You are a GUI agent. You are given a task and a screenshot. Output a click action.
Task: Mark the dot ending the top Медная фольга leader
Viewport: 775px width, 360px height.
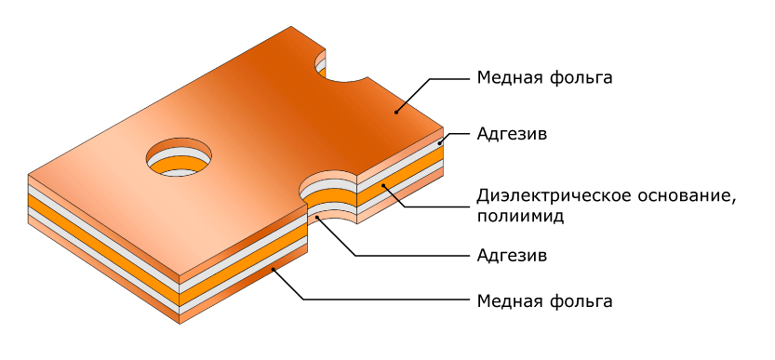(396, 113)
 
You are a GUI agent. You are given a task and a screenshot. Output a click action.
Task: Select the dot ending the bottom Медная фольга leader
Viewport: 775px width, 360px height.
(273, 269)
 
